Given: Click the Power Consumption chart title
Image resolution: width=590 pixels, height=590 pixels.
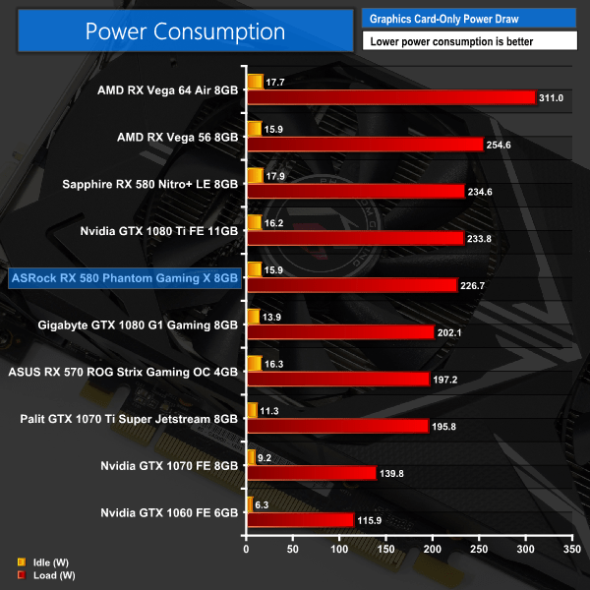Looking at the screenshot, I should (x=185, y=31).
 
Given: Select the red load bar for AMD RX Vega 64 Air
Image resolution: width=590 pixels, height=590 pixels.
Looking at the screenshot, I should (x=391, y=97).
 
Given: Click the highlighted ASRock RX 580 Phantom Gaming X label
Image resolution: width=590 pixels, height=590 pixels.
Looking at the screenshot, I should (x=123, y=278).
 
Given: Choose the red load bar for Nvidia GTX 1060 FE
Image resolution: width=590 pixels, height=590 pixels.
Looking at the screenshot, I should (x=300, y=519).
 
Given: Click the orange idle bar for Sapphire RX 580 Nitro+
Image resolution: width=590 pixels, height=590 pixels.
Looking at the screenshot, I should (x=255, y=175).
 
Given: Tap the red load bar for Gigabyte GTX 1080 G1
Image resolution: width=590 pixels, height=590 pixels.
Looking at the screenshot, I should (x=341, y=332).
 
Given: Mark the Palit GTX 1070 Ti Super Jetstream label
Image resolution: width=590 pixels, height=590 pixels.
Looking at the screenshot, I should (x=129, y=419).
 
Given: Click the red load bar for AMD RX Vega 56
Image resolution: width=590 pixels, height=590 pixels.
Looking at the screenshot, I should (x=366, y=145).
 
